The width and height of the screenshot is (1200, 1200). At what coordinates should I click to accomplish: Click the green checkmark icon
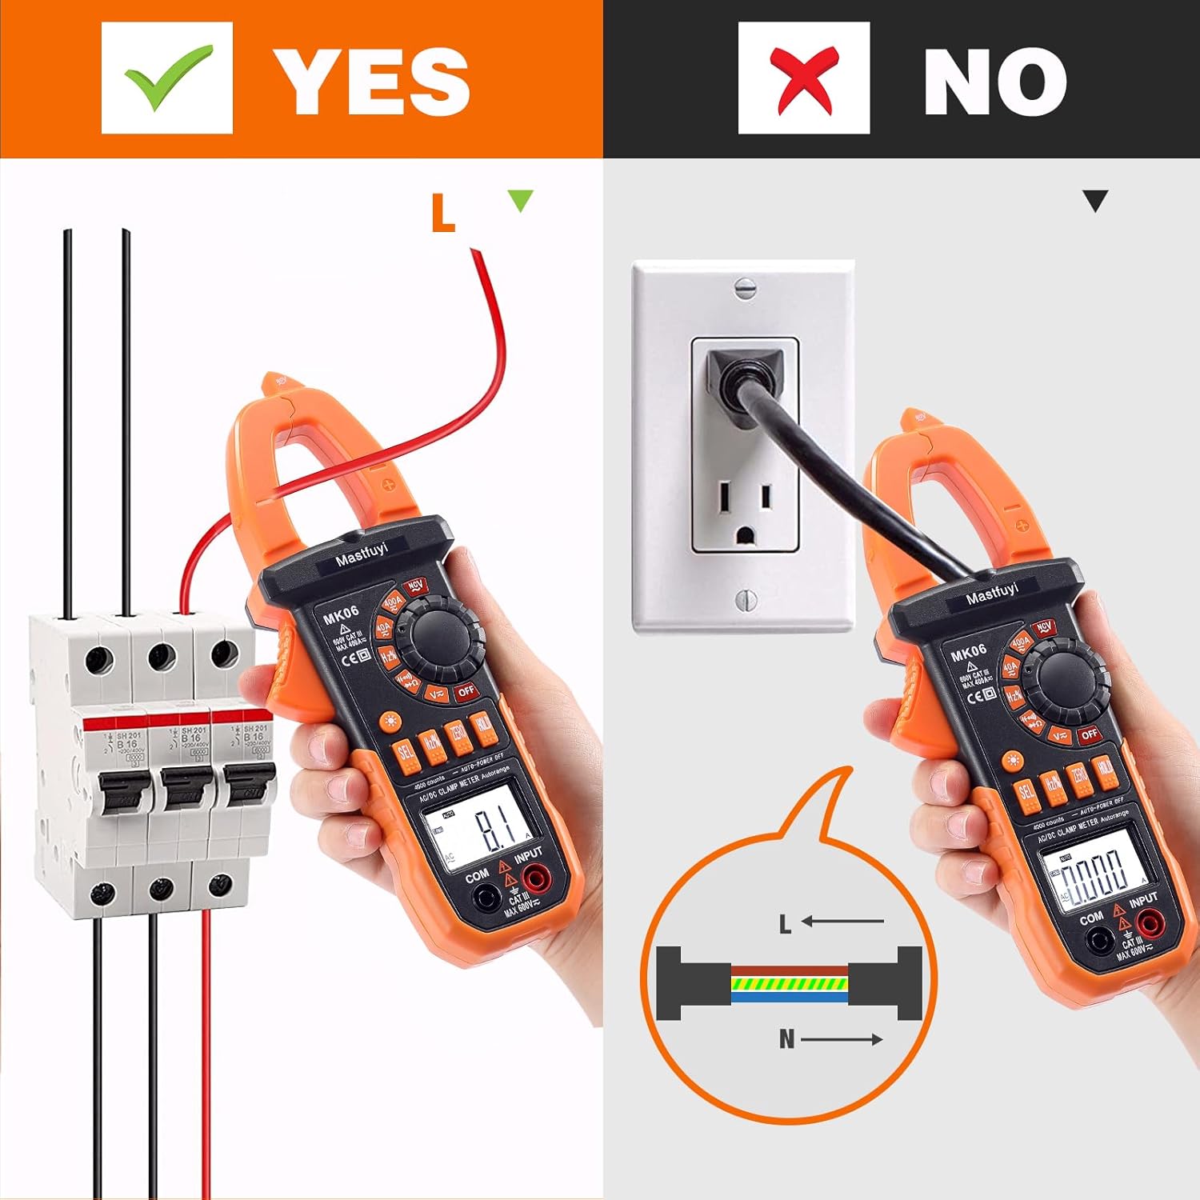(167, 78)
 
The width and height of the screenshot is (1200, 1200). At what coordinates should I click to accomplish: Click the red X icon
(804, 78)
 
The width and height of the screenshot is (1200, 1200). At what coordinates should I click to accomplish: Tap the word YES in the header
(372, 81)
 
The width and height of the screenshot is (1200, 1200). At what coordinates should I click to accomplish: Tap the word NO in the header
(994, 81)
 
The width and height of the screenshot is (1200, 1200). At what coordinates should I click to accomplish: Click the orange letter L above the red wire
(442, 213)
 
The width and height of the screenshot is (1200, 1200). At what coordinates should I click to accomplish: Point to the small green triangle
(520, 199)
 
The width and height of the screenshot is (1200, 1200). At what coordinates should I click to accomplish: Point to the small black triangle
(1094, 200)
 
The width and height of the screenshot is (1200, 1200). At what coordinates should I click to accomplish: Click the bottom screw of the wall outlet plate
(744, 598)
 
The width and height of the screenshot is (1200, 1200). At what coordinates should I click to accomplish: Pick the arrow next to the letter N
(842, 1039)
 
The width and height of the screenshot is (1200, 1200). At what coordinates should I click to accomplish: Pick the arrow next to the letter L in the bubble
(842, 922)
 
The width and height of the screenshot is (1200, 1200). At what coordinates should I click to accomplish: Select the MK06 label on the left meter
(341, 615)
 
